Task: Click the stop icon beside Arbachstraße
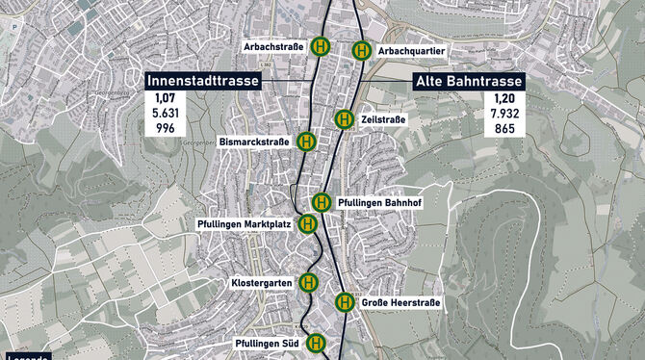322,46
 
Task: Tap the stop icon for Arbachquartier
362,51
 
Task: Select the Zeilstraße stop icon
344,119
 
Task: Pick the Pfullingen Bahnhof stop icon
322,202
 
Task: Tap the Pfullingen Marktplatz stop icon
306,224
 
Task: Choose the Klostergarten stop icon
310,282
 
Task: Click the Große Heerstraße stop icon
345,302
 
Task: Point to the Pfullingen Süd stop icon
316,343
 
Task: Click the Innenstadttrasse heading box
203,83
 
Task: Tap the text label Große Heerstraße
401,303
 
